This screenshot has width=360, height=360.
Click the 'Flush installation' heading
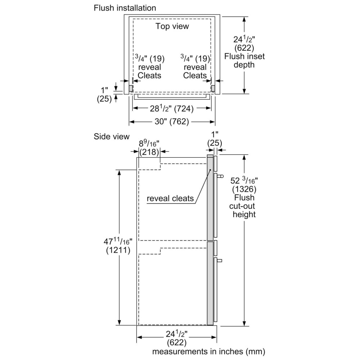click(x=125, y=8)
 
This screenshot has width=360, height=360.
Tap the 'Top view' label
click(x=172, y=26)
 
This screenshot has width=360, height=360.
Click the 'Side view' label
click(x=112, y=136)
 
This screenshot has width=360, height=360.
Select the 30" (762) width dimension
click(x=172, y=121)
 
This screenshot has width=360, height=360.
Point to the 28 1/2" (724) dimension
click(x=172, y=108)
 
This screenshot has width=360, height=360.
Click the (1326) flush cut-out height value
click(x=244, y=189)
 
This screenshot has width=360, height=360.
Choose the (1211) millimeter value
click(x=118, y=250)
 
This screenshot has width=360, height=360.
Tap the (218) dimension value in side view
click(x=149, y=152)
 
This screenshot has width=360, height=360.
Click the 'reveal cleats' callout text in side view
click(x=170, y=198)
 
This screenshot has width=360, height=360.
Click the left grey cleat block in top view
click(x=131, y=88)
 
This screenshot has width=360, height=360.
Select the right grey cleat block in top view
click(x=213, y=88)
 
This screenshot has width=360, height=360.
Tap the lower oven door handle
click(x=220, y=261)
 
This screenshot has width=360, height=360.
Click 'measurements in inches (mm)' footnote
click(x=209, y=351)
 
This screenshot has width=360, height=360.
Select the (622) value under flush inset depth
click(x=244, y=48)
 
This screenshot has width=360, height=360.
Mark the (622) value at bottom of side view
click(x=176, y=343)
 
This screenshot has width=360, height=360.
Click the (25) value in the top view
click(x=104, y=99)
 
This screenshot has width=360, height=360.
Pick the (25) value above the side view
click(x=215, y=143)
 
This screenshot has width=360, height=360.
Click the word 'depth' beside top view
click(x=244, y=65)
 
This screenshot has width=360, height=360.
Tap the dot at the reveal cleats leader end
click(x=210, y=170)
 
